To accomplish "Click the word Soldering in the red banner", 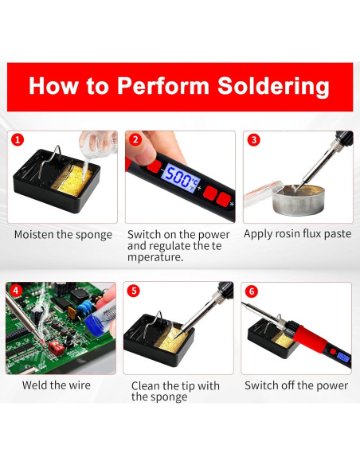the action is pyautogui.click(x=273, y=86).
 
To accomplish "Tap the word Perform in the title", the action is pyautogui.click(x=163, y=86).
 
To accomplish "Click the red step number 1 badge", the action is pyautogui.click(x=18, y=139).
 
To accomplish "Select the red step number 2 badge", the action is pyautogui.click(x=135, y=139).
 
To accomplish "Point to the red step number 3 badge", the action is pyautogui.click(x=254, y=139).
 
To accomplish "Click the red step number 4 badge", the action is pyautogui.click(x=16, y=291).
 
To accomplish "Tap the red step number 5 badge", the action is pyautogui.click(x=134, y=291).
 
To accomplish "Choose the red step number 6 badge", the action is pyautogui.click(x=252, y=291).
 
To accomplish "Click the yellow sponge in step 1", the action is pyautogui.click(x=72, y=180).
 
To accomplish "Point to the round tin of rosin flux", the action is pyautogui.click(x=299, y=200).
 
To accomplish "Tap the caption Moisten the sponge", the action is pyautogui.click(x=63, y=235).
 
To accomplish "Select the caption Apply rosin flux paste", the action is pyautogui.click(x=297, y=234).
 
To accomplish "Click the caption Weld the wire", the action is pyautogui.click(x=57, y=385).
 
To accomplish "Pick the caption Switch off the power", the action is pyautogui.click(x=296, y=385).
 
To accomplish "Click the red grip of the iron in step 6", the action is pyautogui.click(x=311, y=339).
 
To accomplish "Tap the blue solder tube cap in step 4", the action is pyautogui.click(x=95, y=322).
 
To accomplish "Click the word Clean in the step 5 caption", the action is pyautogui.click(x=146, y=386).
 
